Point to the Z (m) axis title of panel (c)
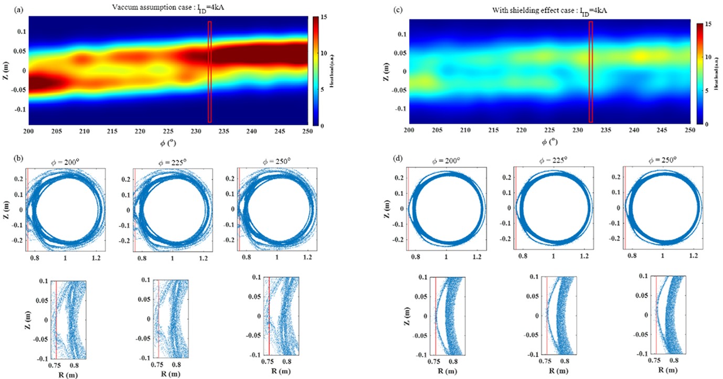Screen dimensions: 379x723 pyautogui.click(x=386, y=71)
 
